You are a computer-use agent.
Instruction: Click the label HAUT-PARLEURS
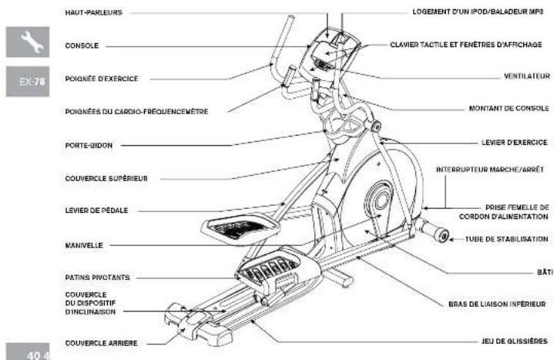pos(93,12)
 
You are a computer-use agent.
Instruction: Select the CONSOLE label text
pos(82,45)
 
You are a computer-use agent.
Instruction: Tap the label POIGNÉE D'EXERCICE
pos(102,79)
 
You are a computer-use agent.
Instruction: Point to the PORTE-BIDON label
pos(89,146)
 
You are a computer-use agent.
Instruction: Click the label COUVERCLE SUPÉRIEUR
pos(106,178)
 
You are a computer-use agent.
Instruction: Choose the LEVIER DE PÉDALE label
pos(96,210)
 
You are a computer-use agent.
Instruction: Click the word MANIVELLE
pos(84,245)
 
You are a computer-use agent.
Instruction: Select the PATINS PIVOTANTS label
pos(97,278)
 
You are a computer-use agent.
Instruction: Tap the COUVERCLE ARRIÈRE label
pos(101,343)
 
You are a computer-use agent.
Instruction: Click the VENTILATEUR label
pos(527,76)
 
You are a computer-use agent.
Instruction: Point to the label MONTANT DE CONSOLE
pos(508,108)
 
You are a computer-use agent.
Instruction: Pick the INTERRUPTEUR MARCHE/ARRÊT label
pos(490,169)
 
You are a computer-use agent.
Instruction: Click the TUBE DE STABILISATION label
pos(507,239)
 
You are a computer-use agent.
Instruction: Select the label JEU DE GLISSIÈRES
pos(515,341)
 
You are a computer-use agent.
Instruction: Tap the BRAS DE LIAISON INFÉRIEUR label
pos(497,304)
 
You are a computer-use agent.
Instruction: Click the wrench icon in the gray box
pos(32,41)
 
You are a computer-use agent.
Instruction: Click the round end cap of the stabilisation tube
pos(442,236)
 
